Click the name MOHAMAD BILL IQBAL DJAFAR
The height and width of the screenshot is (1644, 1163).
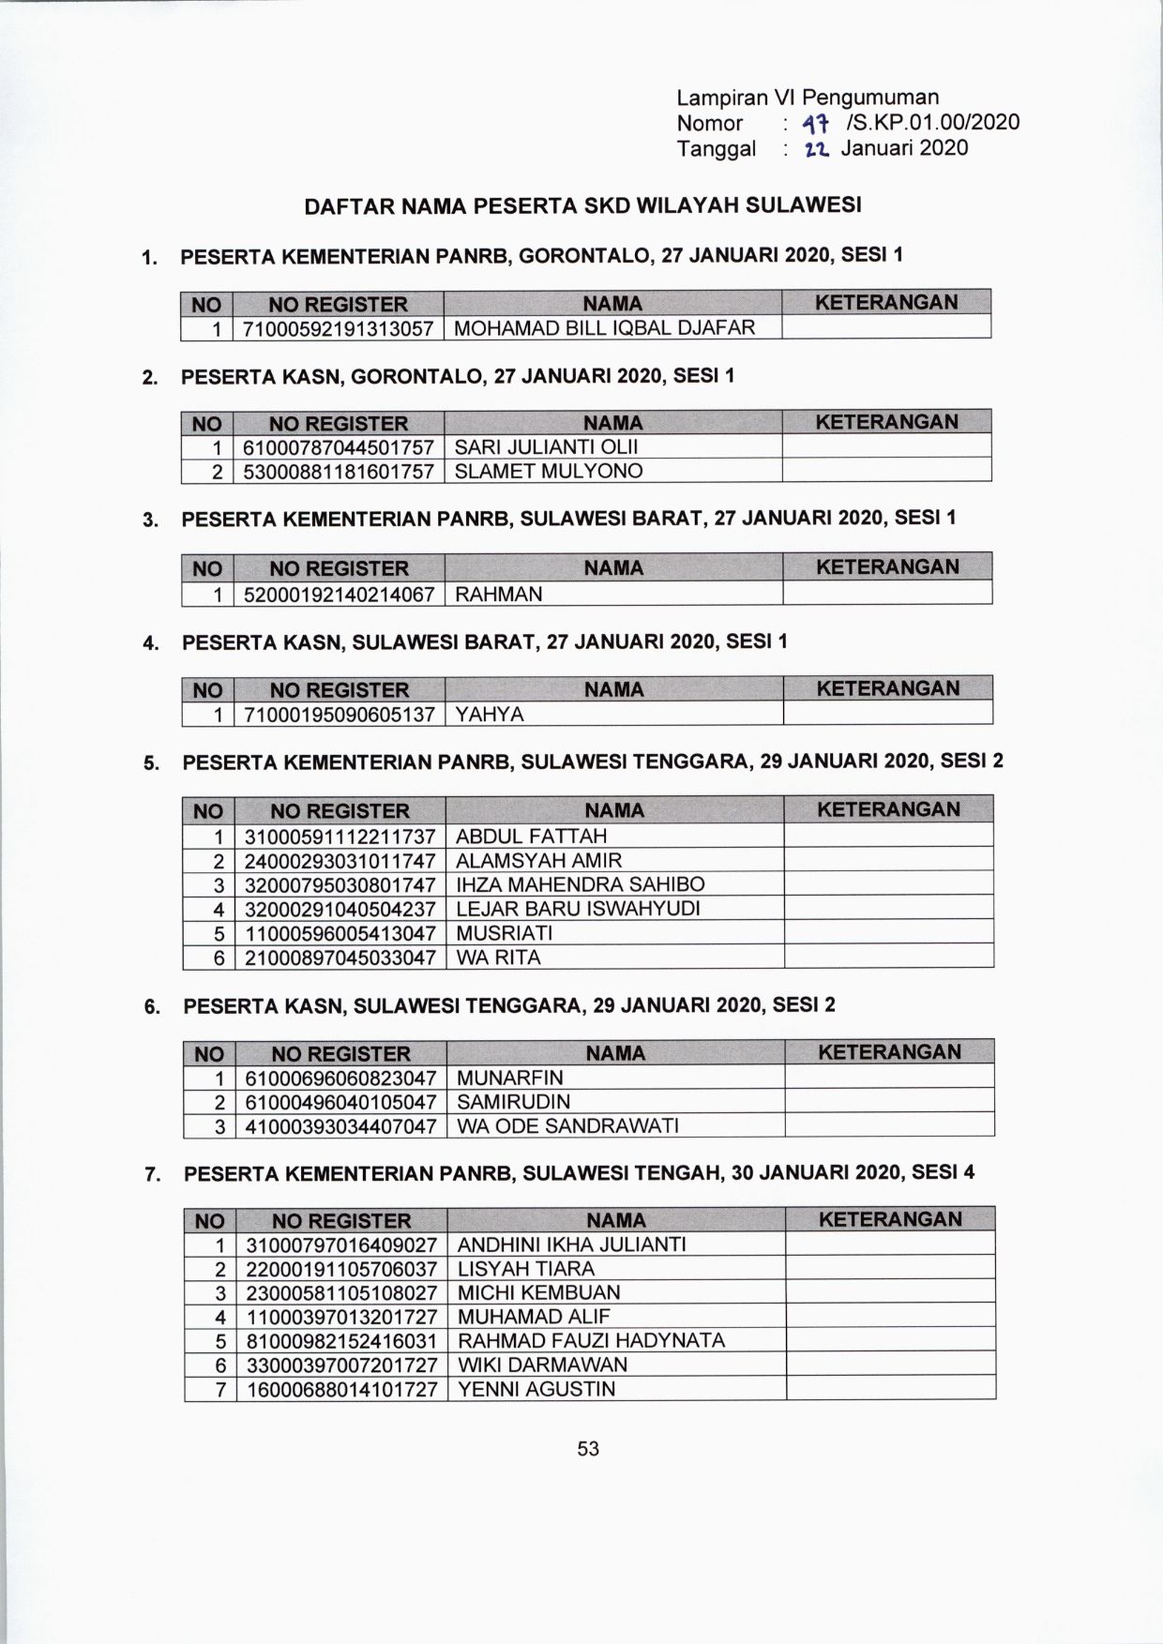(x=604, y=327)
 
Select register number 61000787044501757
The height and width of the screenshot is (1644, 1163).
(x=338, y=446)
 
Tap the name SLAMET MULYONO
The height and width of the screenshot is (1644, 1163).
(x=548, y=471)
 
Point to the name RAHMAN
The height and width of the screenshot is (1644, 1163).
(x=498, y=594)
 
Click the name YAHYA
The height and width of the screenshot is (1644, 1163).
(x=490, y=715)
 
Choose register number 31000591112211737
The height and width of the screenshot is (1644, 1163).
(x=340, y=836)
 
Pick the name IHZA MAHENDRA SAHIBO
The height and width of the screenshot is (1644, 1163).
(x=580, y=884)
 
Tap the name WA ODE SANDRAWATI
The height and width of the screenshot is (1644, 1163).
(x=567, y=1125)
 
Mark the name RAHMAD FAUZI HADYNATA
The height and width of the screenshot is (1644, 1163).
(x=591, y=1340)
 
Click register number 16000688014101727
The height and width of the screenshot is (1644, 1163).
(x=341, y=1389)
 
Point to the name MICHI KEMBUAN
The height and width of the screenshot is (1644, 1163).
(x=538, y=1292)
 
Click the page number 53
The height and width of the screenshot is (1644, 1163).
(x=588, y=1448)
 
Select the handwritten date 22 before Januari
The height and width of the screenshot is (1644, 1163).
(x=812, y=148)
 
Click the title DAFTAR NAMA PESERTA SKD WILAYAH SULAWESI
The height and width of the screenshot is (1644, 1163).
(x=582, y=205)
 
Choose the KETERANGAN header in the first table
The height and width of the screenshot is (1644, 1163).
(x=885, y=303)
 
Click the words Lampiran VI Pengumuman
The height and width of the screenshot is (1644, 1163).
(x=808, y=98)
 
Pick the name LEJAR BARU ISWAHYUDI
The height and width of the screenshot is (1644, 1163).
(x=578, y=909)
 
